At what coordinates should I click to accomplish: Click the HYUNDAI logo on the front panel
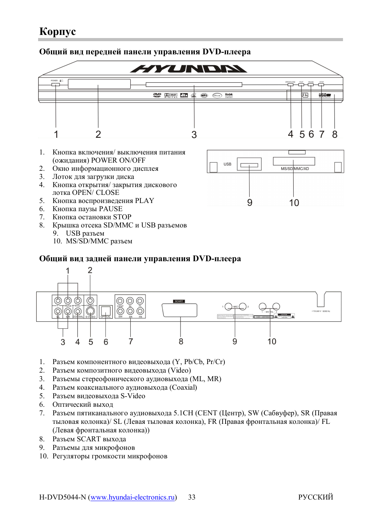pos(189,69)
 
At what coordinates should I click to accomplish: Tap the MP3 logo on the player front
pos(204,95)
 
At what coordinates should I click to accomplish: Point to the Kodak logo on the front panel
pos(229,95)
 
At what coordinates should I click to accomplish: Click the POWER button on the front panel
pos(56,84)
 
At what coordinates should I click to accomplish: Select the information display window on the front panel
pos(99,84)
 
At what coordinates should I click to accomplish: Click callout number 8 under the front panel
pos(334,134)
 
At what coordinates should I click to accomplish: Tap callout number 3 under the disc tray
pos(194,135)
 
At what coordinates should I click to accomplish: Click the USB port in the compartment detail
pos(249,165)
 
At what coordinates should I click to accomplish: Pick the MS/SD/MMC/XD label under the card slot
pos(295,169)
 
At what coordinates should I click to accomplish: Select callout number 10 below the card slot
pos(294,203)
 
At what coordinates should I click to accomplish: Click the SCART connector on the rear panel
pos(180,310)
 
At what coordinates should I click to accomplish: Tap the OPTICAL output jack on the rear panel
pos(106,311)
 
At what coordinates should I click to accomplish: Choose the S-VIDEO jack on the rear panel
pos(90,311)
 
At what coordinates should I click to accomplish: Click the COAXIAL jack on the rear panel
pos(78,311)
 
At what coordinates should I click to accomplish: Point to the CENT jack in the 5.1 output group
pos(120,301)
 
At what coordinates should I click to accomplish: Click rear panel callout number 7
pos(131,342)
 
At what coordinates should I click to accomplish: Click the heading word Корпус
pos(58,31)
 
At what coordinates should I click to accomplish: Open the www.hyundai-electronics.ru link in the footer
pos(133,497)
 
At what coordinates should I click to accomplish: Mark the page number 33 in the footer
pos(192,497)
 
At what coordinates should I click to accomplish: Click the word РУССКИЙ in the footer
pos(315,497)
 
